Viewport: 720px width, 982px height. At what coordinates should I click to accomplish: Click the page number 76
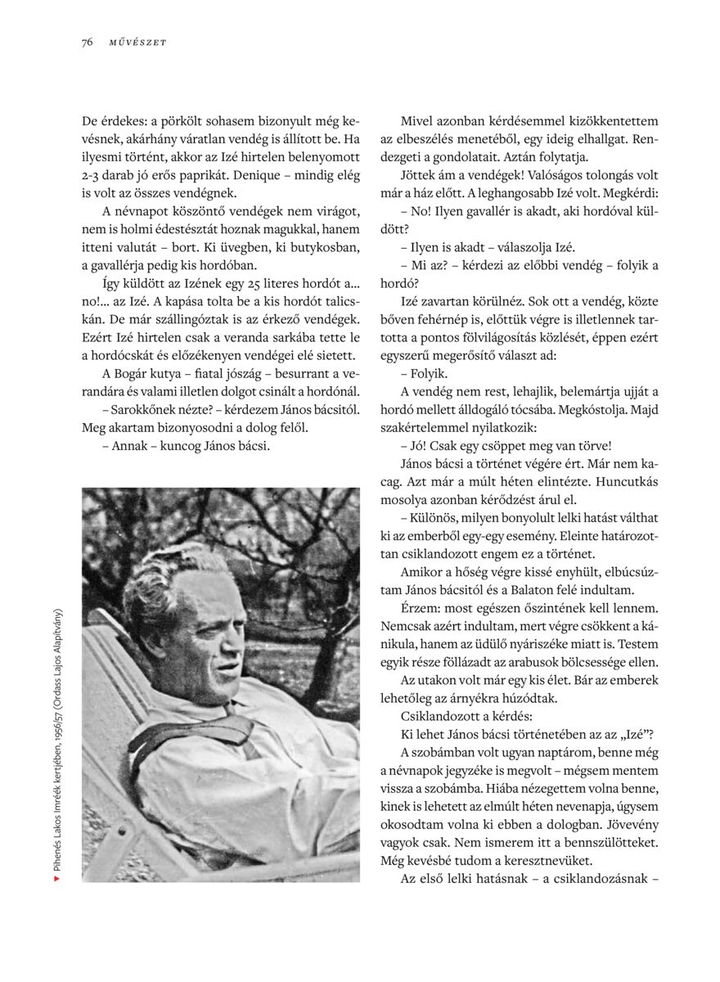[x=87, y=43]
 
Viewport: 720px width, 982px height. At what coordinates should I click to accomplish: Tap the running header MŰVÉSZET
[x=137, y=43]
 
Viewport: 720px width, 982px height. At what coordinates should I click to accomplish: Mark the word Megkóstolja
[x=597, y=409]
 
